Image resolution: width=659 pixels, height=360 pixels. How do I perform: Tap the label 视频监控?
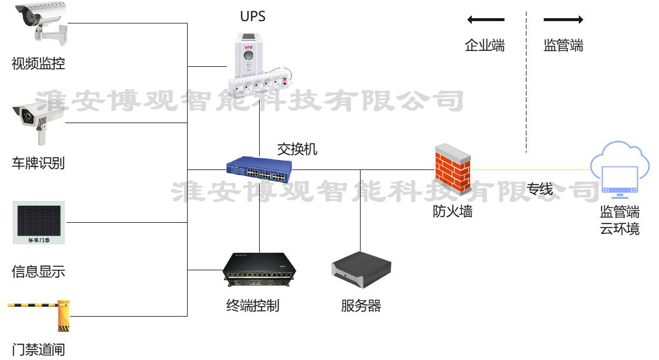(38, 63)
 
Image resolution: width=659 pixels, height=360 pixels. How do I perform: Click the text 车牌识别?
(38, 163)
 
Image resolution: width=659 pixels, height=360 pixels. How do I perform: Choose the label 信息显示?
(38, 271)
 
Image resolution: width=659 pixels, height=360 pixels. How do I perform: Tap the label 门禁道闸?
(38, 350)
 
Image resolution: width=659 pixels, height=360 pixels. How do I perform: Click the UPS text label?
(253, 16)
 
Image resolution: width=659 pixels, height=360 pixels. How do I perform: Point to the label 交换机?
(297, 149)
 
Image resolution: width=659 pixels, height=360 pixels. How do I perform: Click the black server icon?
(361, 270)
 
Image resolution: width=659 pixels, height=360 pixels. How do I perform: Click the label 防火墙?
(452, 212)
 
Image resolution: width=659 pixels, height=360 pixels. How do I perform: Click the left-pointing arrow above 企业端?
(485, 20)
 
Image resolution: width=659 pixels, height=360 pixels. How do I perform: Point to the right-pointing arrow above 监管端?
(563, 20)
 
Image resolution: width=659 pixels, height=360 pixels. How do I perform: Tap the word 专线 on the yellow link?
(539, 189)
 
